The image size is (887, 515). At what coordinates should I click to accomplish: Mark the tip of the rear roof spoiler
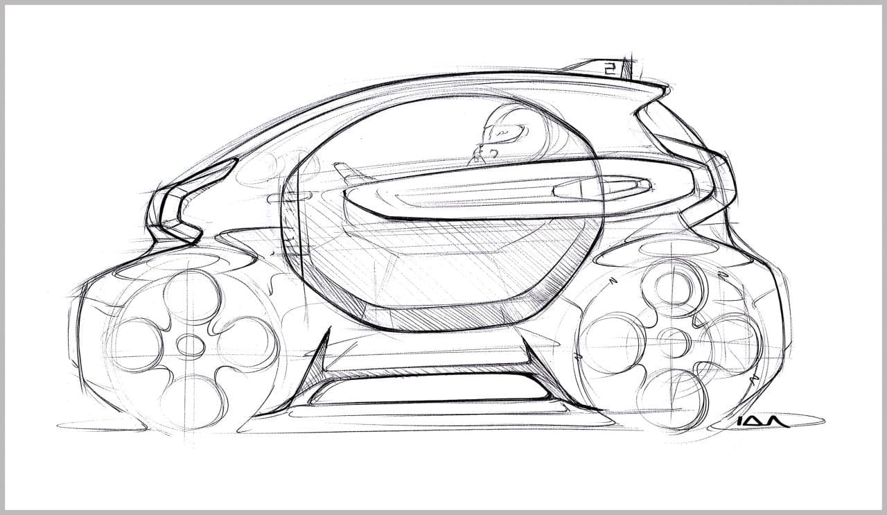click(665, 87)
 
